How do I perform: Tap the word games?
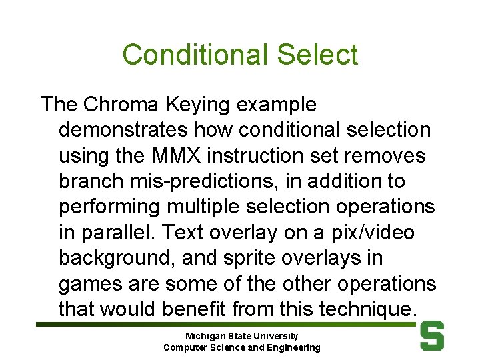click(x=89, y=283)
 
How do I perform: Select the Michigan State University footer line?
click(x=241, y=337)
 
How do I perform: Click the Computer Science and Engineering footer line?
click(x=241, y=347)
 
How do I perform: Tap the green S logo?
click(x=432, y=336)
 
